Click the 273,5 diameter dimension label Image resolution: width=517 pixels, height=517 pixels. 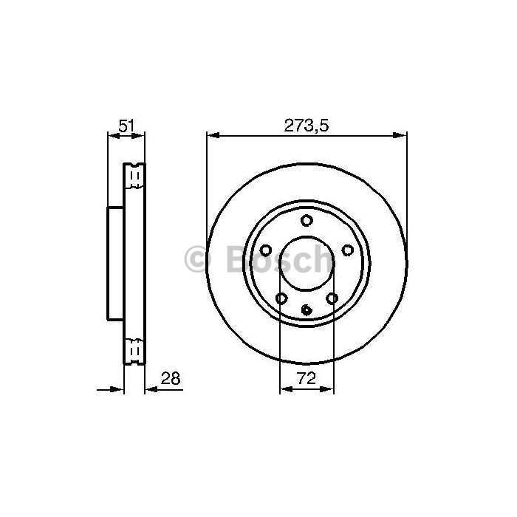[307, 126]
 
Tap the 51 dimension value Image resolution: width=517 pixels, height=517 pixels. [126, 126]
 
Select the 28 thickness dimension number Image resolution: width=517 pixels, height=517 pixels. [171, 378]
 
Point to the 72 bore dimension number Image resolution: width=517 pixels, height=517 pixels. [307, 378]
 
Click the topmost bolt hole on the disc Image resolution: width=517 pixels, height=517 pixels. [307, 220]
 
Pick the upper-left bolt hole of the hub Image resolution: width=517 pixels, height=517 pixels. [265, 250]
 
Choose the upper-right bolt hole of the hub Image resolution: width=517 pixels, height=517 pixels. [348, 250]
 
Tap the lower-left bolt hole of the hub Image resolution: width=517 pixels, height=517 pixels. [281, 298]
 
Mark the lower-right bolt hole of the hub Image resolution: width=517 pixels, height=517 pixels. [332, 298]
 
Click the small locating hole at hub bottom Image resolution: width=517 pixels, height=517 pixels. [307, 310]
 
